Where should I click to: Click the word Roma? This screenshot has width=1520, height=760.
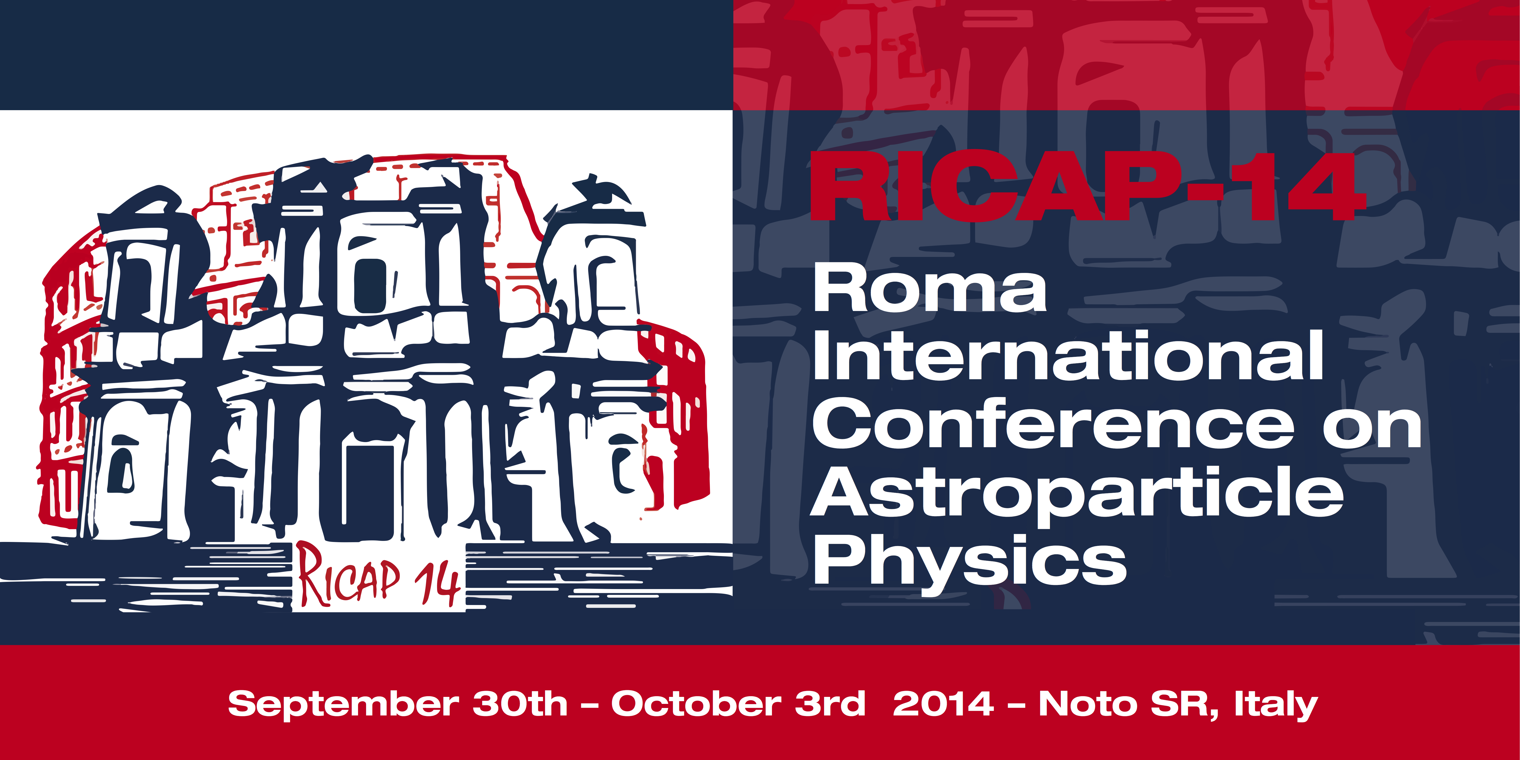929,290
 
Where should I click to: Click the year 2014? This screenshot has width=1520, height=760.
943,703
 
